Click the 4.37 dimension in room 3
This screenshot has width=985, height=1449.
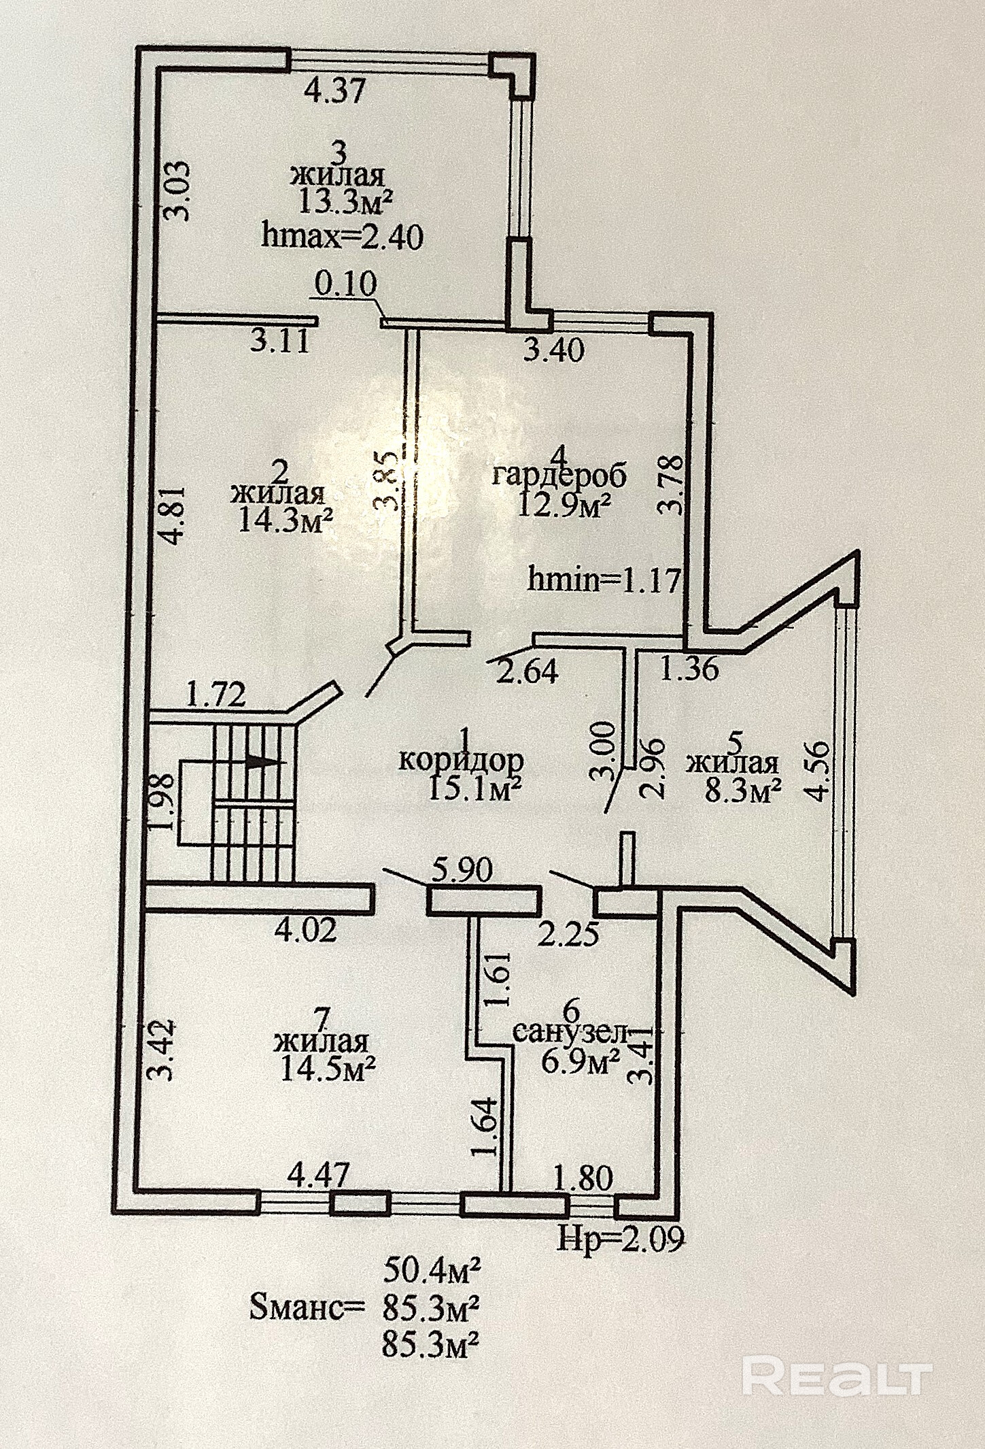tap(334, 90)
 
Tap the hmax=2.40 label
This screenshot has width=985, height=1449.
tap(343, 237)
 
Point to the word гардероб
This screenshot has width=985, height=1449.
tap(559, 475)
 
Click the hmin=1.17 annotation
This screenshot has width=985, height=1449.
tap(604, 580)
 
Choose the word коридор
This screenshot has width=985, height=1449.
tap(461, 759)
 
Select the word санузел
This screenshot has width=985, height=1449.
tap(570, 1033)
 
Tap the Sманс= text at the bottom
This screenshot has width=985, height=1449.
tap(307, 1308)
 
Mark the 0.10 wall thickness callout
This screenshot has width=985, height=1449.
tap(345, 284)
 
